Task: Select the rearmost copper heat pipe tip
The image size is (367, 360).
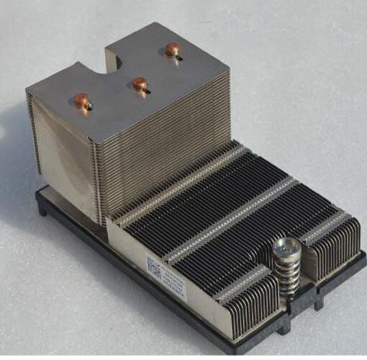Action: [172, 50]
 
